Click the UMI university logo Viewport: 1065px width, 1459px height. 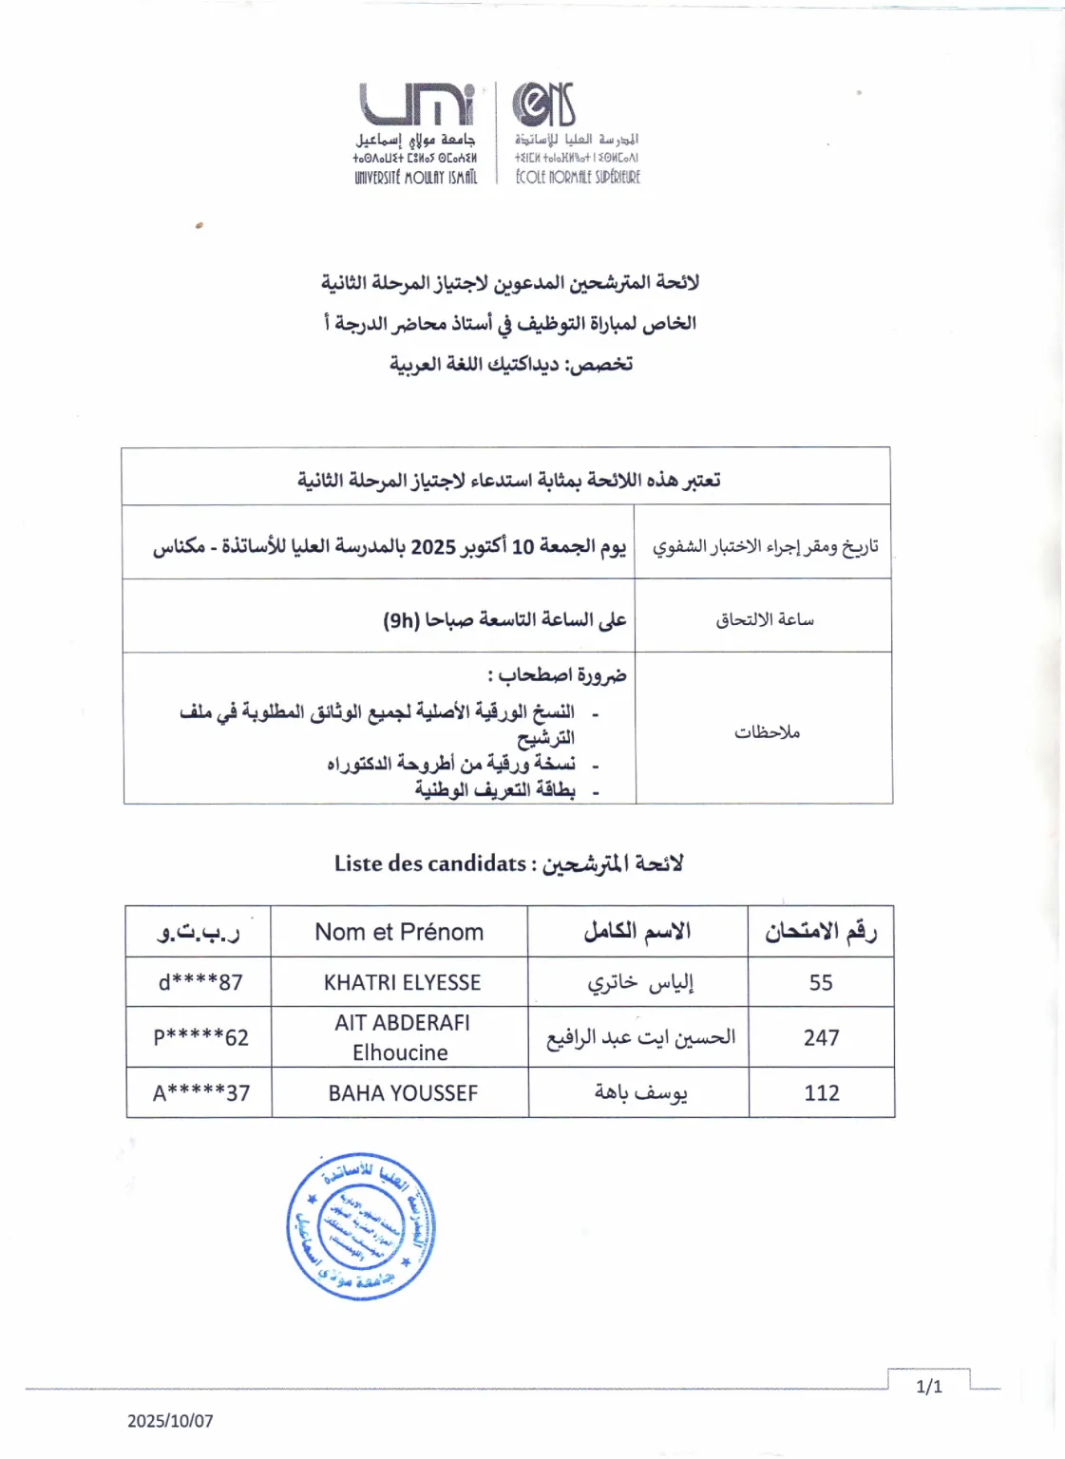[x=416, y=104]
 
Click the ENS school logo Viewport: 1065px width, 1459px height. [x=544, y=104]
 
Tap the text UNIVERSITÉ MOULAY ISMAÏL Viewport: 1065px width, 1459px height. [x=415, y=178]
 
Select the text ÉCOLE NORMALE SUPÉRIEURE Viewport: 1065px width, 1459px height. [x=578, y=177]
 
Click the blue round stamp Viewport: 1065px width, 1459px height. [x=361, y=1225]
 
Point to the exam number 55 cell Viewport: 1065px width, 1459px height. [x=821, y=982]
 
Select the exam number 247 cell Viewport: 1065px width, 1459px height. [x=821, y=1037]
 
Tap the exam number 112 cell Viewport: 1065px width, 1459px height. [x=821, y=1093]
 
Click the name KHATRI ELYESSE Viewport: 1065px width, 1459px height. [x=402, y=982]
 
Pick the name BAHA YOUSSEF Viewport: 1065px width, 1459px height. [x=403, y=1093]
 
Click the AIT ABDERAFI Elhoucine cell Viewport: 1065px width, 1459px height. [x=401, y=1037]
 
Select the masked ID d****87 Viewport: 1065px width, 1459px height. [x=200, y=982]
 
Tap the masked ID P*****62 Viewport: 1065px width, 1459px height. [x=200, y=1037]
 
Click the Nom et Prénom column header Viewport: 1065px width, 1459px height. [x=399, y=932]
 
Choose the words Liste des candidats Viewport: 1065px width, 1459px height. [x=429, y=863]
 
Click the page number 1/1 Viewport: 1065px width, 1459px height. [x=928, y=1387]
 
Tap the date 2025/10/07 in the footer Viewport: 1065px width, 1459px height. [x=170, y=1421]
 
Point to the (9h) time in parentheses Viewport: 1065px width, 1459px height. [x=401, y=620]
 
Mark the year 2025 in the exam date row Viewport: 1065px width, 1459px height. [x=433, y=547]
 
